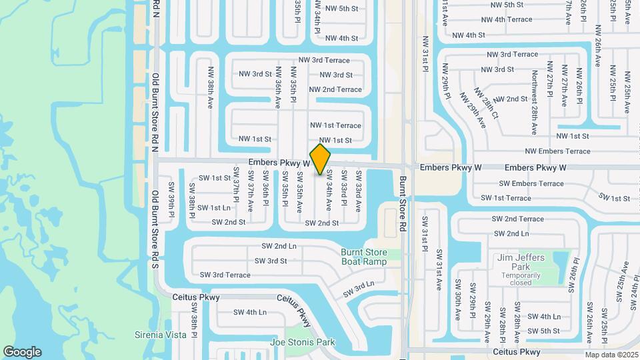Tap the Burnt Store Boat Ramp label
point(363,257)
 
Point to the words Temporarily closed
point(521,279)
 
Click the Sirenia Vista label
point(161,335)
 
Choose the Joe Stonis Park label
point(302,343)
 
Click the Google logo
point(22,352)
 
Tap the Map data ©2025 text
point(611,355)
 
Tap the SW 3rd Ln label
point(359,288)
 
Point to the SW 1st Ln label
point(214,208)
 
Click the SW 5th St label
point(543,331)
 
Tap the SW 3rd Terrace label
point(225,275)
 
